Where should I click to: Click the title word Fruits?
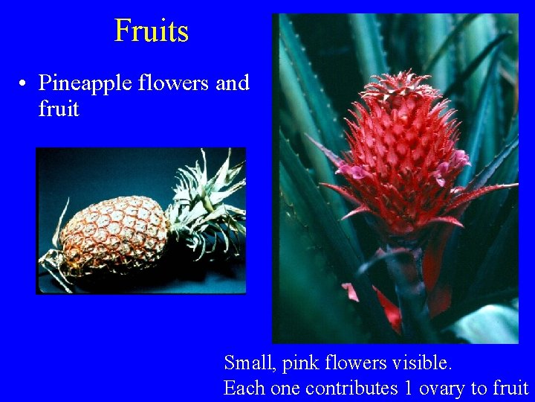point(152,31)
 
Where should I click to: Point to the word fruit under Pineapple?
point(59,109)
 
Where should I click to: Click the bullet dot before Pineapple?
point(25,83)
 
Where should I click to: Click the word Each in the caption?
point(243,388)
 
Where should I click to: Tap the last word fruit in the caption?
point(509,388)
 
